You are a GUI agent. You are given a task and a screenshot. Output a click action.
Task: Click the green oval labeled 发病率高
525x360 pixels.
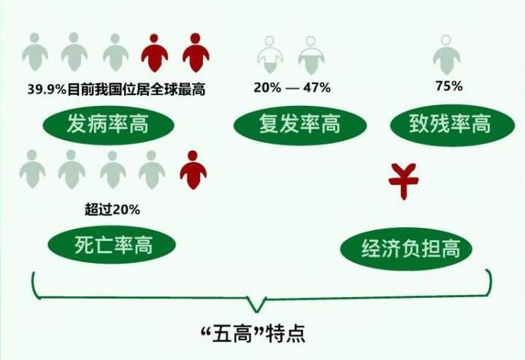coord(108,125)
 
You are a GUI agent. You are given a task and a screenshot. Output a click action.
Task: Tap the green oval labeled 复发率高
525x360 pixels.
coord(300,125)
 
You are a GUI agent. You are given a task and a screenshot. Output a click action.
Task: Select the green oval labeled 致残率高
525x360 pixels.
coord(453,125)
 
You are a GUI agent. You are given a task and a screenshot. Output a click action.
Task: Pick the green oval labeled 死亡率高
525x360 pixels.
coord(112,245)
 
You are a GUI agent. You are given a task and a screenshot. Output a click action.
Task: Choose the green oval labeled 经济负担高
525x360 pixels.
coord(407,249)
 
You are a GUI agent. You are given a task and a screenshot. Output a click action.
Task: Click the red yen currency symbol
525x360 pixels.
coord(404,181)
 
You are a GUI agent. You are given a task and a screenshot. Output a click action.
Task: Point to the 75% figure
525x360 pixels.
coord(449,86)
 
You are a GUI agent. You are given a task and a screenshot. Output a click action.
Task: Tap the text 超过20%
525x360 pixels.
coord(112,210)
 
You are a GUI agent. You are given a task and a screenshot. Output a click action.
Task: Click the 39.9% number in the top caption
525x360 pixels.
coord(47,89)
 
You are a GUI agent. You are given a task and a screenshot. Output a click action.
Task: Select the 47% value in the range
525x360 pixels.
coord(317,88)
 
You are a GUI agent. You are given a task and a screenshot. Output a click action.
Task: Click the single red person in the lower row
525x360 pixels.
coord(193,170)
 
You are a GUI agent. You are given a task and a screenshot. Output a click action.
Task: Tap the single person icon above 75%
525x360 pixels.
coord(446,55)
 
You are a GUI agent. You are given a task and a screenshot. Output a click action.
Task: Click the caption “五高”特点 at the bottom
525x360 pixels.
coord(253,334)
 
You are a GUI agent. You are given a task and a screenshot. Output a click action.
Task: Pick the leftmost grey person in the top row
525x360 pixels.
coord(35,52)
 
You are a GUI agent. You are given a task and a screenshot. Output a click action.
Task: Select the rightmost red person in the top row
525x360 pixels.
coord(196,53)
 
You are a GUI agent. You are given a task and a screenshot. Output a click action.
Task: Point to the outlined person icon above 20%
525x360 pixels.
coord(270,55)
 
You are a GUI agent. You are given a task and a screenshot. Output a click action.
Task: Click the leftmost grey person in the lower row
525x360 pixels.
coord(32,169)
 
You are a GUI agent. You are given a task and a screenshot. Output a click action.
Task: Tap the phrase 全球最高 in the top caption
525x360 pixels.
coord(177,89)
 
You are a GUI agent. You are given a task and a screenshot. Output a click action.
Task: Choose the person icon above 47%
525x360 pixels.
coord(311,55)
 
